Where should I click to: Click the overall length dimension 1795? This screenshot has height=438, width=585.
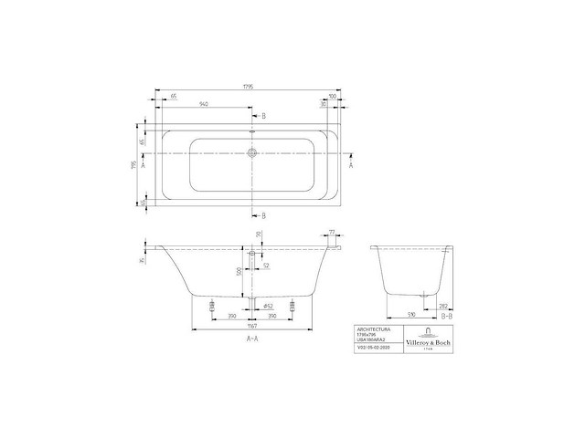coord(248,88)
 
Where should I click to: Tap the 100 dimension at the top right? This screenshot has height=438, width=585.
coord(332,95)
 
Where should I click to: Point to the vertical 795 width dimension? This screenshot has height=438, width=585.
coord(133,166)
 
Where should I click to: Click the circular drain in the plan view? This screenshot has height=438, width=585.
coord(253,154)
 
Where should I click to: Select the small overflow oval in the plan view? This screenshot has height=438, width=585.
coord(253,133)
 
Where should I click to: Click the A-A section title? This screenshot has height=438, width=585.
coord(250,338)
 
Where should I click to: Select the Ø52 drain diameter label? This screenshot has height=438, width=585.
coord(269,305)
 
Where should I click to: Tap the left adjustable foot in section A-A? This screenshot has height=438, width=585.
coord(212,308)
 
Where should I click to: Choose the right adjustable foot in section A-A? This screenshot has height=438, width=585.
coord(292,308)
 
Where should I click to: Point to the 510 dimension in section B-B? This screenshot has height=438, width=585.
coord(411,314)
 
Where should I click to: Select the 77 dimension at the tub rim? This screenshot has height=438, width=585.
coord(333,234)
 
